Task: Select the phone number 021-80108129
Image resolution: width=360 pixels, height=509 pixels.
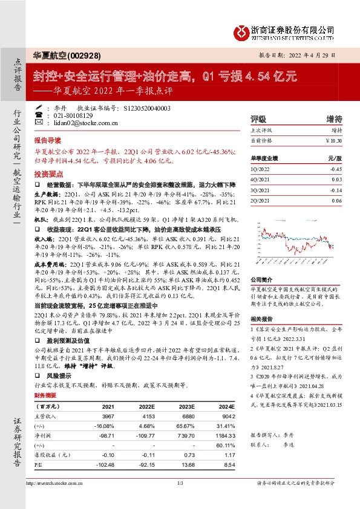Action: (x=73, y=115)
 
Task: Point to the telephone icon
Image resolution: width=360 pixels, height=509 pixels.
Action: (x=40, y=115)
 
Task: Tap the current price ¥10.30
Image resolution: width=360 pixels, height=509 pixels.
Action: (x=333, y=140)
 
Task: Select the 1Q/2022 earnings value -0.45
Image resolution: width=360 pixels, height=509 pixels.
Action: (x=336, y=170)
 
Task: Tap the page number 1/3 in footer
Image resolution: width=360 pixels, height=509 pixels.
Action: (x=180, y=483)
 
